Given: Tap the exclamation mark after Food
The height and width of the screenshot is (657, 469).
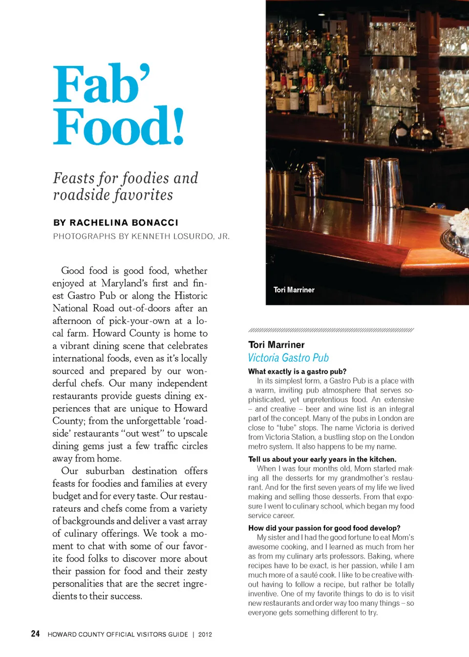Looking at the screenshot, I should (178, 127).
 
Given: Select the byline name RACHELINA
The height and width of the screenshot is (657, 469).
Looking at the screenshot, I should (99, 223).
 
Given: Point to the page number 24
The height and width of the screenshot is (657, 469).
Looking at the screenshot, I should (35, 634).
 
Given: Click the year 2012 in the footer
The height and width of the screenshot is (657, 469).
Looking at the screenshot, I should (205, 635).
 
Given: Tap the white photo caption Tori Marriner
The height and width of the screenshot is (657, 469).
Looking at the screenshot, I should (294, 290).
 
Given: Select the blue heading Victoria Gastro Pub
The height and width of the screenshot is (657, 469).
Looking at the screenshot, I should (288, 358).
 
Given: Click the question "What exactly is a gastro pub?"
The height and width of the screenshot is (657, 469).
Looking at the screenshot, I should (297, 372).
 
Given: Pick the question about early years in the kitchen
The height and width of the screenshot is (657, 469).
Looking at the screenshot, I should (322, 460).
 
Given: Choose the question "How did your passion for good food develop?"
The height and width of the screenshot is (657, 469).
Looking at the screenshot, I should (324, 528).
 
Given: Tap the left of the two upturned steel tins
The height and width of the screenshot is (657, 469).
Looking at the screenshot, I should (372, 181).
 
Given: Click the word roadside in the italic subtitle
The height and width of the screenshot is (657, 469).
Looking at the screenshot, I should (82, 195).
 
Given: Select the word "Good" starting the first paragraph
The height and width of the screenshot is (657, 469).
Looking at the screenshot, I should (73, 271).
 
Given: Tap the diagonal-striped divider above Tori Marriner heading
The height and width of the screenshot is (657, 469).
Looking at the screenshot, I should (331, 330).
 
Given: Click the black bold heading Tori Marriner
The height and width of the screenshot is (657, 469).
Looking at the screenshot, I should (276, 345).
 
